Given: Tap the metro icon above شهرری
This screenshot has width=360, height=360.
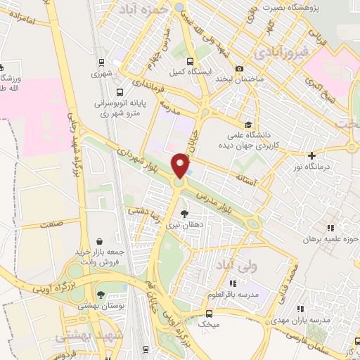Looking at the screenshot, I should tap(100, 61).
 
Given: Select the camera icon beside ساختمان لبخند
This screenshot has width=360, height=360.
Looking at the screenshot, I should tap(240, 69).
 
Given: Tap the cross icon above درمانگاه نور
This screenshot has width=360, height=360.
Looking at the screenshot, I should tap(311, 155).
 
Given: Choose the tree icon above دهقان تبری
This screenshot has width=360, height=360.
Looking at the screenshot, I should tap(185, 214).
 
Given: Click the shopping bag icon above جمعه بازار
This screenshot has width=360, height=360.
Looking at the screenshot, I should tap(99, 240).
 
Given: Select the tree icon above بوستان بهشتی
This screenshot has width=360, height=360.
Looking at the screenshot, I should tap(101, 294).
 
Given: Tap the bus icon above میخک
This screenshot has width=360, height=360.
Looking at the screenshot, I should tap(209, 314).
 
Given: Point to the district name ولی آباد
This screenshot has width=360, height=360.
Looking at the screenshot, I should tap(254, 267).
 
